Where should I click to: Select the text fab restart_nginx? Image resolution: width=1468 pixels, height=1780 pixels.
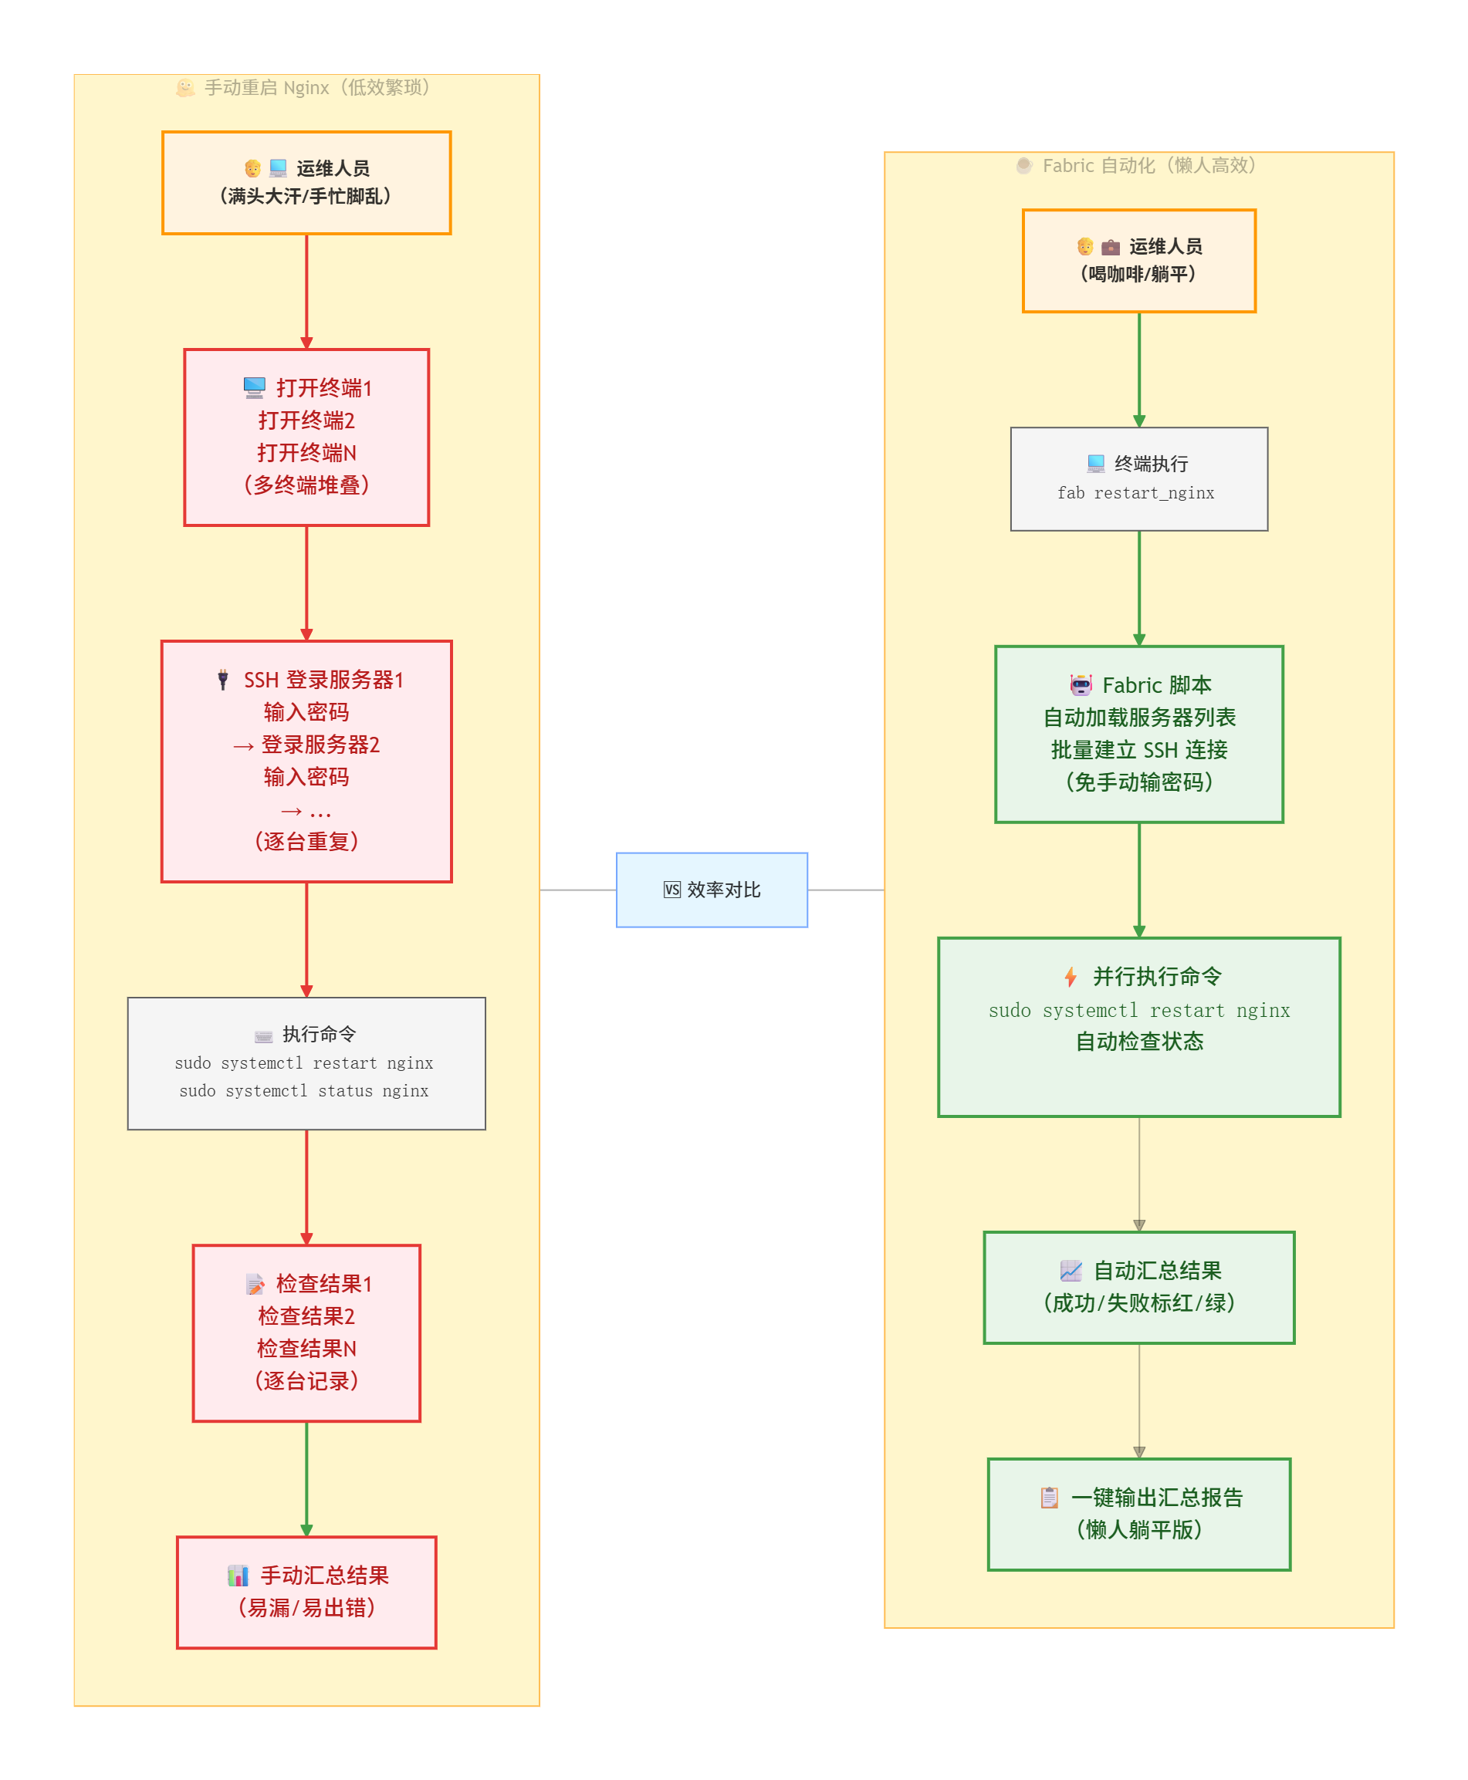1135,493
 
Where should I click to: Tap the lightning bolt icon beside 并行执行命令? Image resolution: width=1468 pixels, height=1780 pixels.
1070,976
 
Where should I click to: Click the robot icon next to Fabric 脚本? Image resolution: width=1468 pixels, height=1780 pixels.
1080,684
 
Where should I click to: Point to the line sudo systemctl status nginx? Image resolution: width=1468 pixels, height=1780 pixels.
303,1090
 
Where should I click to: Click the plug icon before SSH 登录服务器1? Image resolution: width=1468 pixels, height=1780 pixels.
222,680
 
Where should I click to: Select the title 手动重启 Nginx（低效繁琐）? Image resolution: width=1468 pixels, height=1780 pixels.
316,88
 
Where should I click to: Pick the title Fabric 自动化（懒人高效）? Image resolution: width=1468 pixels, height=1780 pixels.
1148,166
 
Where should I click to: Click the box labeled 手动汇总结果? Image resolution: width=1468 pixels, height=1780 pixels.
306,1592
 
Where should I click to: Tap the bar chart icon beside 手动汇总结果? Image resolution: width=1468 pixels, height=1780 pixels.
238,1576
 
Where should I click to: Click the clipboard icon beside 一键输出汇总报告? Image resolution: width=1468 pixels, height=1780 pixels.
1049,1497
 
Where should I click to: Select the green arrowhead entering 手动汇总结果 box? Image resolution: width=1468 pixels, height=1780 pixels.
306,1530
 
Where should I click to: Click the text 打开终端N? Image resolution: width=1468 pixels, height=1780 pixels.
306,453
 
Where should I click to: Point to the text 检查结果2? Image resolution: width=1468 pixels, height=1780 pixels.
306,1316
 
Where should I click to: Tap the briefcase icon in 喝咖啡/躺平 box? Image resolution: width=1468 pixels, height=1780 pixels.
1111,247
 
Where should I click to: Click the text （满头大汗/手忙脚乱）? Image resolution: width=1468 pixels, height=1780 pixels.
306,196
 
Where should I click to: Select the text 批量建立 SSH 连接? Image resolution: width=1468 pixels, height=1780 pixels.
1138,750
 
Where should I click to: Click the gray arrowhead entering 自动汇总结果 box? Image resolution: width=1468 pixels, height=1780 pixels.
1138,1224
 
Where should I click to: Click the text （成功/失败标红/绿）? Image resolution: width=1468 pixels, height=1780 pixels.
1138,1302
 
